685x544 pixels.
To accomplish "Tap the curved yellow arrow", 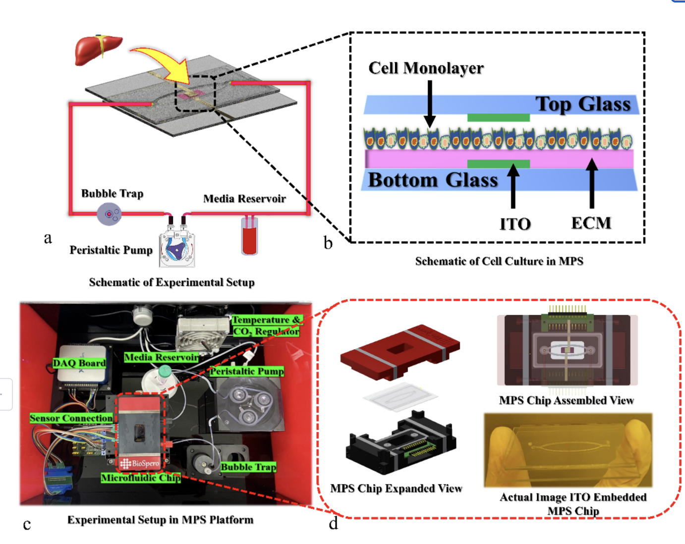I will click(161, 62).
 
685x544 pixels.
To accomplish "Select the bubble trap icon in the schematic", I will click(109, 214).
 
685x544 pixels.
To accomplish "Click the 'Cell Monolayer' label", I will click(426, 68).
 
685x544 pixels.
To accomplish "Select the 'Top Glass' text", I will click(583, 104).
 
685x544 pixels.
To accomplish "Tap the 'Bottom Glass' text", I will click(433, 180).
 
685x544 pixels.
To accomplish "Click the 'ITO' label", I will click(515, 224).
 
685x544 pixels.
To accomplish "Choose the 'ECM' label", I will click(591, 223).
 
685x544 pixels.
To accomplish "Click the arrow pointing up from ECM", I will click(591, 183).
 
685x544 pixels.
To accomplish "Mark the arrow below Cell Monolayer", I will click(430, 104).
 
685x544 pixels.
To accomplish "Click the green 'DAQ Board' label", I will click(79, 363).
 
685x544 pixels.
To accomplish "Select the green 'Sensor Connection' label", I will click(71, 418).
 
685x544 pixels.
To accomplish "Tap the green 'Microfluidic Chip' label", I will click(141, 478).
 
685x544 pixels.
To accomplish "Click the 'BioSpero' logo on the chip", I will click(140, 464).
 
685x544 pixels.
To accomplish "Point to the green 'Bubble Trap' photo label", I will click(248, 467).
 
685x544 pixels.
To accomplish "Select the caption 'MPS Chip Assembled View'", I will click(566, 400).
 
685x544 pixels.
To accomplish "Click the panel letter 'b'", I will click(328, 243).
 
